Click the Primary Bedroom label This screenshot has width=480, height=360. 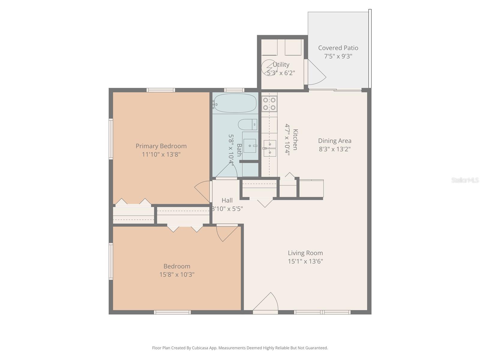click(161, 146)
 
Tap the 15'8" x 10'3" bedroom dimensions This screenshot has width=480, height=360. click(177, 274)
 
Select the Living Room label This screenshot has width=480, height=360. click(305, 253)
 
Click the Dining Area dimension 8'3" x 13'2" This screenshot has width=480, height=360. click(334, 149)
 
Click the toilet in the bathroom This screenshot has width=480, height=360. click(247, 124)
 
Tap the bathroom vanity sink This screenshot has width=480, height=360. click(250, 146)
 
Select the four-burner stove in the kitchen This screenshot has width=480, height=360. click(269, 104)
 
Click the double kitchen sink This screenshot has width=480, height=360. click(270, 148)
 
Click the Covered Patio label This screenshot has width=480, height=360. click(338, 48)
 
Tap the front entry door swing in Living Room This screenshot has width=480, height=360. click(266, 302)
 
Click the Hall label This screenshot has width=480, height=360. click(227, 200)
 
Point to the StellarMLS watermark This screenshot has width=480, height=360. click(465, 180)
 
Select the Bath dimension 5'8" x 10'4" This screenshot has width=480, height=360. click(231, 149)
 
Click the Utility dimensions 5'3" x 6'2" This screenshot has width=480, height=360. click(281, 73)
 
